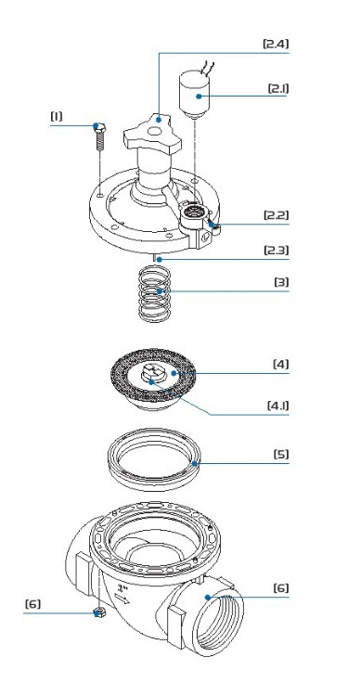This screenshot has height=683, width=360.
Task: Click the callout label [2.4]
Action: pos(276,44)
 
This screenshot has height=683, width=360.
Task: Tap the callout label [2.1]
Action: pos(277,88)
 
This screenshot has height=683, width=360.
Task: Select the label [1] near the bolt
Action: pos(57,116)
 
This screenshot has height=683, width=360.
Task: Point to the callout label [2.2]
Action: pos(276,215)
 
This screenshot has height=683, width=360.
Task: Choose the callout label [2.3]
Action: pos(276,251)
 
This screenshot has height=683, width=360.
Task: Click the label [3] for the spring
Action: pos(281,282)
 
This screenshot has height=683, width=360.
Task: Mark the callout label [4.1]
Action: pos(277,406)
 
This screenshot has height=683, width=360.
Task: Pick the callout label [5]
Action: pos(281,455)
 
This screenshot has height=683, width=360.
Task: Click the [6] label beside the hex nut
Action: pos(32,604)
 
